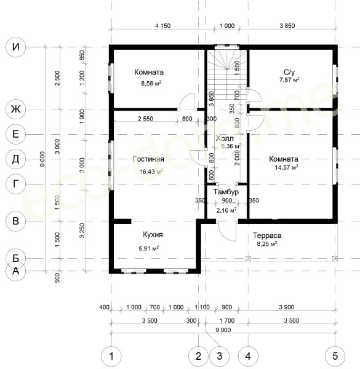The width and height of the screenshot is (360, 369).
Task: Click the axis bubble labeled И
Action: pos(15,47)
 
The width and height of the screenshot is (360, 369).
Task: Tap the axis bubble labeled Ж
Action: pos(15,109)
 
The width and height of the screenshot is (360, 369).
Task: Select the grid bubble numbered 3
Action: pos(219,356)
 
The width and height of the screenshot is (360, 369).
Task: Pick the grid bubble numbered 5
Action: pos(335,356)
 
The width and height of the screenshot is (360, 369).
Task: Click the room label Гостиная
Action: pos(148,159)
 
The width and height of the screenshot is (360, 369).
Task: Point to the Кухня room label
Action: pos(153,235)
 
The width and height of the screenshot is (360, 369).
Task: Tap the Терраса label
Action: pos(267,236)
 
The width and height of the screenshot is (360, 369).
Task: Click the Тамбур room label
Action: pos(226,192)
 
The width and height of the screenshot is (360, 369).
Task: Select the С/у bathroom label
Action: pos(289,72)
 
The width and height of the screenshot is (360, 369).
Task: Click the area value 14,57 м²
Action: pos(286,167)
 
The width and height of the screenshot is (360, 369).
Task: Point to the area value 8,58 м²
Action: pos(151,83)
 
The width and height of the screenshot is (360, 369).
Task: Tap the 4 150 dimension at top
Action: pos(162,26)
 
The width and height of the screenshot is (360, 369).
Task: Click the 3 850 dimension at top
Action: pos(287,26)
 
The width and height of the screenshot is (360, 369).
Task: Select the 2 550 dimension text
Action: pos(145,119)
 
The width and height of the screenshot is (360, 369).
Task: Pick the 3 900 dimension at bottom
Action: pos(287,307)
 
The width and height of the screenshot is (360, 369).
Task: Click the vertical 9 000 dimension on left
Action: pos(42,159)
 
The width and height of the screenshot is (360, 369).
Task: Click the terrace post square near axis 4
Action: pos(248,259)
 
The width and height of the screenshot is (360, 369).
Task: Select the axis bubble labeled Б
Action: pos(15,258)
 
